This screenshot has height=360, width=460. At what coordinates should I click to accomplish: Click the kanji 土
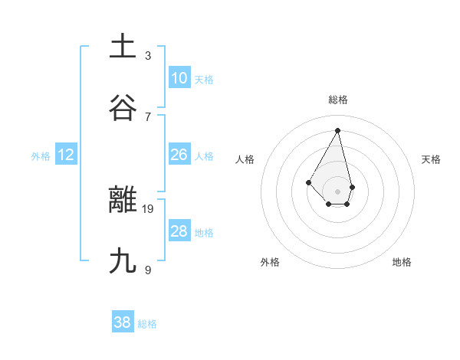(123, 46)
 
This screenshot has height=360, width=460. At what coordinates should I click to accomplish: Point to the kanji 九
(123, 261)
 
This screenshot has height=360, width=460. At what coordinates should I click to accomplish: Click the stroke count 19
(149, 208)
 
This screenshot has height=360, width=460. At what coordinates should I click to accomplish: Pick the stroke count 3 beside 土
(148, 55)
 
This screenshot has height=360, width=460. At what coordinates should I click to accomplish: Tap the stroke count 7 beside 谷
(148, 116)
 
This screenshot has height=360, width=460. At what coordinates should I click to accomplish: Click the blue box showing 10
(179, 78)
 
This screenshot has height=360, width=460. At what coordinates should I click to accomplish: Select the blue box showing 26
(179, 155)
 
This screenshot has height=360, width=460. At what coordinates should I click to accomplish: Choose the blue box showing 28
(179, 231)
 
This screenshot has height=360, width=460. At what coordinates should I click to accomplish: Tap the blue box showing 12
(66, 155)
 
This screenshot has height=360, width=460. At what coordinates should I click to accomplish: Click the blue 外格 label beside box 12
(41, 156)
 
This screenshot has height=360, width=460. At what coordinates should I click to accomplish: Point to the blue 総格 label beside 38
(147, 324)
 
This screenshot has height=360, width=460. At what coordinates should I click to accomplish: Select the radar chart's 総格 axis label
(338, 100)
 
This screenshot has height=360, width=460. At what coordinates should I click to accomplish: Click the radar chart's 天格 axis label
(432, 159)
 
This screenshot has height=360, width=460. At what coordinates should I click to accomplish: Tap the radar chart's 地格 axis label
(402, 262)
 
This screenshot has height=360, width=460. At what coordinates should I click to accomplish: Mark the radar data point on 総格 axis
(338, 130)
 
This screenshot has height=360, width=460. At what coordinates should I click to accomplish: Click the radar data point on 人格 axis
(308, 182)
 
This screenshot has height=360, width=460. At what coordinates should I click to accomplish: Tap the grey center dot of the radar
(338, 191)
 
